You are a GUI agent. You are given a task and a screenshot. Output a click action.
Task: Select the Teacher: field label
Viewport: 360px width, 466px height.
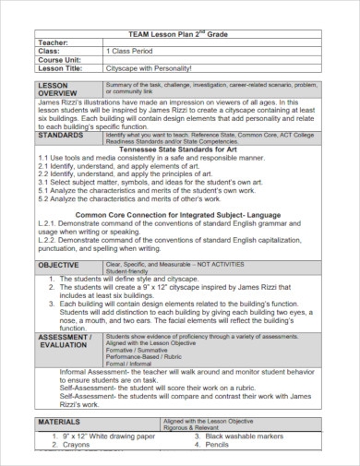tap(54, 42)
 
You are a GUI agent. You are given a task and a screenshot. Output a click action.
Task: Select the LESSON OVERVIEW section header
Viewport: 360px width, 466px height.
tap(57, 89)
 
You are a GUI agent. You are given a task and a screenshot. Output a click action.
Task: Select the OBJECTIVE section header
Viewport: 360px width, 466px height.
tap(59, 264)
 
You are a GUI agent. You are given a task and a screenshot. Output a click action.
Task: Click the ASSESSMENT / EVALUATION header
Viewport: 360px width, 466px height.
tap(65, 341)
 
